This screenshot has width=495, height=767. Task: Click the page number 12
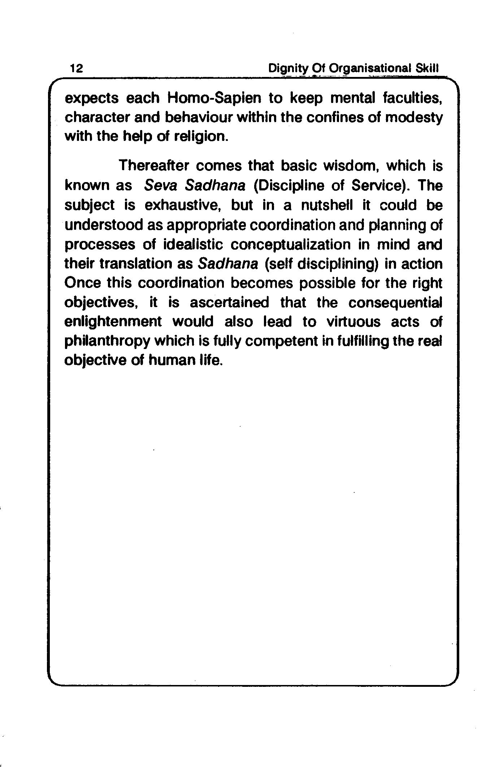(x=76, y=68)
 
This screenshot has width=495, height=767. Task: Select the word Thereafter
(x=154, y=166)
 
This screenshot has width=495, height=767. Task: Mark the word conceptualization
(x=291, y=245)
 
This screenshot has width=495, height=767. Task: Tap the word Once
(x=82, y=283)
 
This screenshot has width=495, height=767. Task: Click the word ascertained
(x=229, y=302)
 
